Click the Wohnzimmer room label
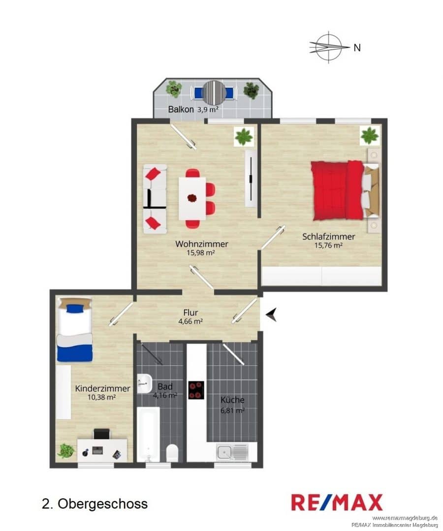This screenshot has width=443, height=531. pyautogui.click(x=202, y=244)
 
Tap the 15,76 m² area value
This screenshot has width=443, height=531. pyautogui.click(x=328, y=245)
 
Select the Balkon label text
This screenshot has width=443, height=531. pyautogui.click(x=181, y=109)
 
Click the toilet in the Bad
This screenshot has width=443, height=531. pyautogui.click(x=172, y=453)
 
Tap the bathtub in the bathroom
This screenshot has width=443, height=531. pyautogui.click(x=149, y=434)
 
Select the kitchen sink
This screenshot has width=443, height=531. pyautogui.click(x=232, y=451)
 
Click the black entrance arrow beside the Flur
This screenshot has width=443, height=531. pyautogui.click(x=271, y=314)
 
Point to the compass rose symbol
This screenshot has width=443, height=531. pyautogui.click(x=329, y=47)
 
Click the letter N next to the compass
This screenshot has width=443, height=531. pyautogui.click(x=357, y=48)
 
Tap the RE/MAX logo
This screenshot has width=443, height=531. pyautogui.click(x=337, y=502)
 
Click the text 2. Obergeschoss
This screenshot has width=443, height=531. pyautogui.click(x=95, y=503)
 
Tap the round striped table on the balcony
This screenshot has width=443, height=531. pyautogui.click(x=214, y=92)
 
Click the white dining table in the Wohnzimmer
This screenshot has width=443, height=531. pyautogui.click(x=192, y=199)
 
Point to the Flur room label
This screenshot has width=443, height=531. pyautogui.click(x=190, y=312)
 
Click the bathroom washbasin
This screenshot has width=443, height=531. pyautogui.click(x=144, y=383)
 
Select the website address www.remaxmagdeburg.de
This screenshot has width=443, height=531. pyautogui.click(x=405, y=518)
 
